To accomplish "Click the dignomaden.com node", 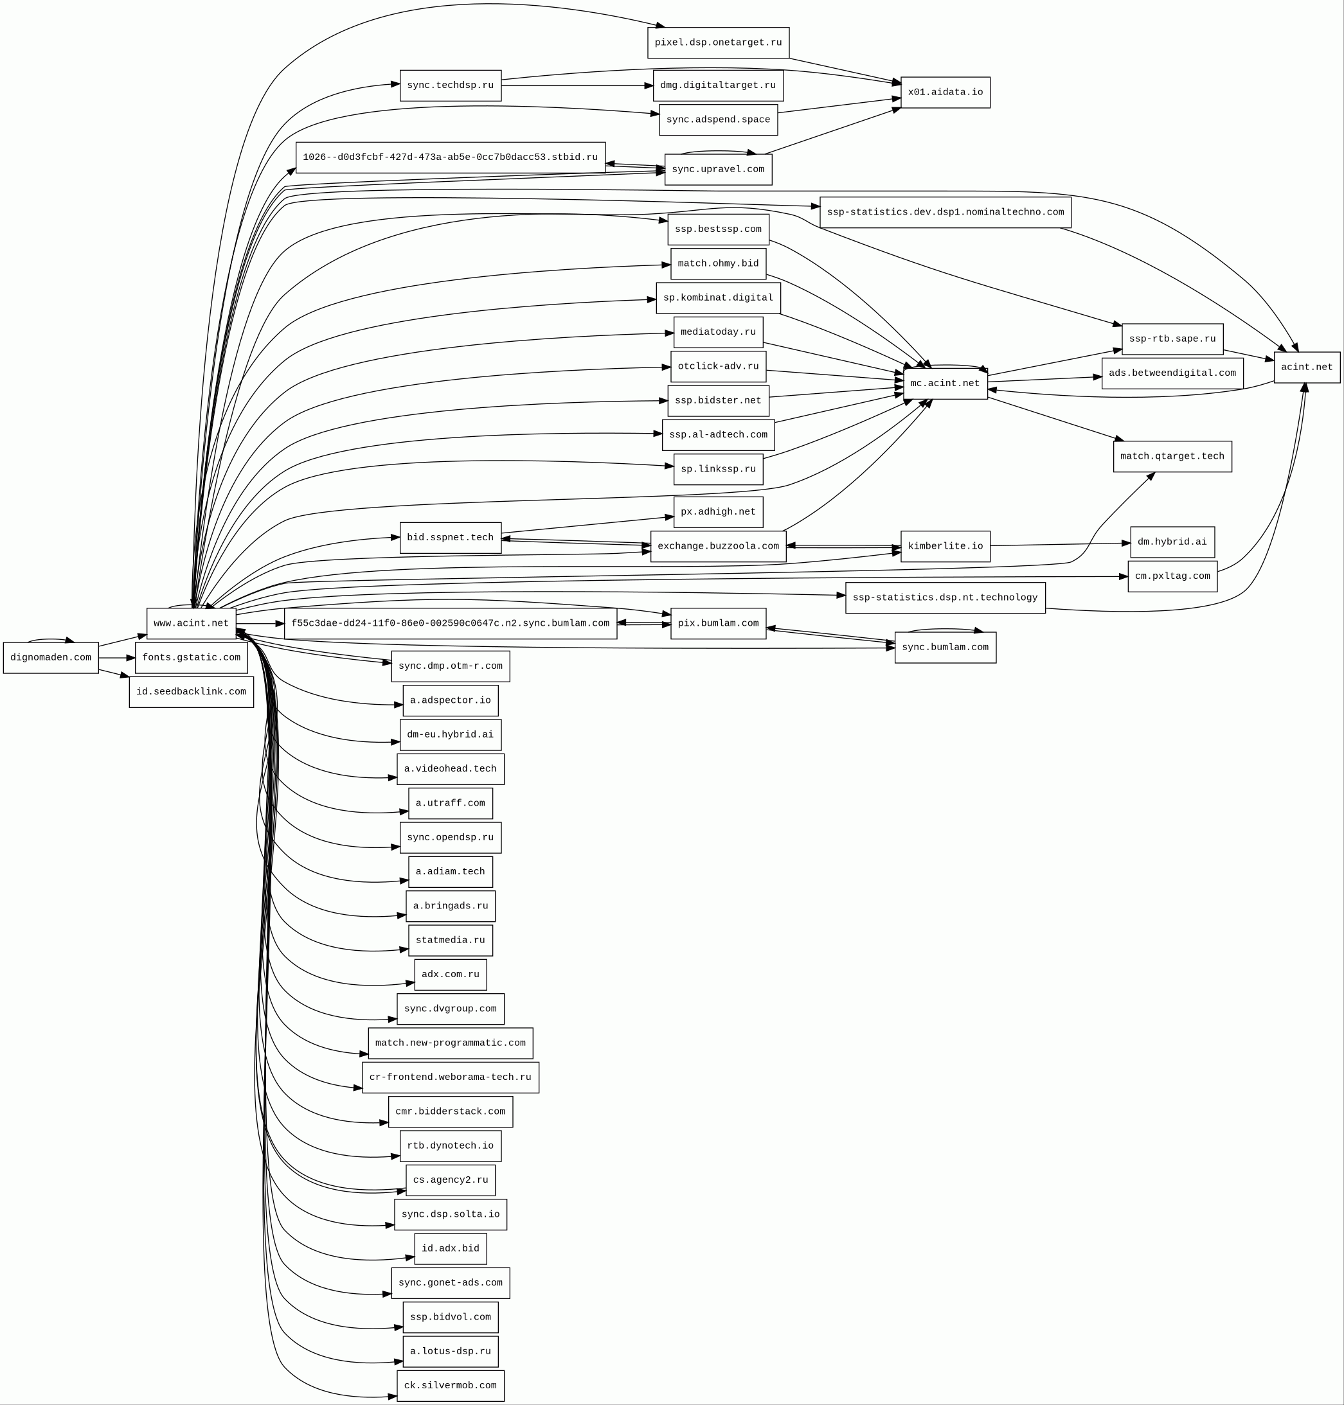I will coord(51,657).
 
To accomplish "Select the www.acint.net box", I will coord(192,623).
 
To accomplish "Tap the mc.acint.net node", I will coord(945,383).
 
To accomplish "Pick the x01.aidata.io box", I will coord(945,93).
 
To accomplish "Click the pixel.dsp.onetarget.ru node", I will coord(718,43).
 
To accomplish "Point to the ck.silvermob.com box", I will coord(450,1385).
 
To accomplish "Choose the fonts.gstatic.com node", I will coord(192,657).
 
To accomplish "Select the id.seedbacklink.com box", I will coord(192,692).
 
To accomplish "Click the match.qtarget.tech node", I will coord(1172,456).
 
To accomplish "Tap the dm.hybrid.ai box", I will coord(1172,542).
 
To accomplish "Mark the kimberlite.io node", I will coord(945,546).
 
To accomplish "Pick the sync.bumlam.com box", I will coord(945,648).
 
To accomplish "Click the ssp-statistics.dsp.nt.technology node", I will coord(945,597).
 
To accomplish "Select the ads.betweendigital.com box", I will coord(1172,373).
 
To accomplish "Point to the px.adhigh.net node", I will coord(718,512).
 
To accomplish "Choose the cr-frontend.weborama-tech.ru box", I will coord(450,1077).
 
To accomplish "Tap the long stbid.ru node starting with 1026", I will coord(450,157).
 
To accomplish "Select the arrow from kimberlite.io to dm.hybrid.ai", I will coord(1061,544).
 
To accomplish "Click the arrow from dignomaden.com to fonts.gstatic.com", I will coord(117,657).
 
